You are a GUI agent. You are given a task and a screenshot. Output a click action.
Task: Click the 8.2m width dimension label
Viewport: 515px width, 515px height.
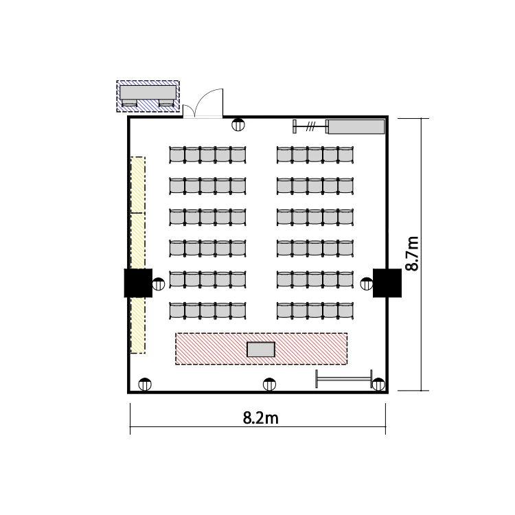[x=260, y=418]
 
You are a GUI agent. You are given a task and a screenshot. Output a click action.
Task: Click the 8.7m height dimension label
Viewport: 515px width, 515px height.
[x=412, y=253]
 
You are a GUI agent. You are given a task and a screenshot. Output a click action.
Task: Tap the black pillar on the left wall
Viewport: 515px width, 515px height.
[x=138, y=283]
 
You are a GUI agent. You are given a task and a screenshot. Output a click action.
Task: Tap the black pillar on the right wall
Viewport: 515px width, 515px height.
[x=387, y=283]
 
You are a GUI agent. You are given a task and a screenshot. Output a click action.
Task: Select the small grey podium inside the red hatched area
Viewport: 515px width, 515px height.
[x=261, y=349]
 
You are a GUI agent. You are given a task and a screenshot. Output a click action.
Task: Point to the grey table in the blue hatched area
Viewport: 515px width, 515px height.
[x=148, y=92]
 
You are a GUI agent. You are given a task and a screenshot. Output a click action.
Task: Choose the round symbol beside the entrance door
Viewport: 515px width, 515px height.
[x=238, y=124]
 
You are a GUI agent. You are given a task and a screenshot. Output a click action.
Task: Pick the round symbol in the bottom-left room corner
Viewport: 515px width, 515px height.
[x=145, y=385]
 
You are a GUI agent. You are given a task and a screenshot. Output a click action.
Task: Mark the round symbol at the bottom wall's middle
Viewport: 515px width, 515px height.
[x=269, y=385]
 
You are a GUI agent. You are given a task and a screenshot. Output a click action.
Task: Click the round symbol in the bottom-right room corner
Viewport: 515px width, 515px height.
[x=378, y=385]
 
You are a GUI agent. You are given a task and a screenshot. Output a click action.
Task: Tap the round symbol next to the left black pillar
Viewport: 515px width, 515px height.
[x=159, y=284]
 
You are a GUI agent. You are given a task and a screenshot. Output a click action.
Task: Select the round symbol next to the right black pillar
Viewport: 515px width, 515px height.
[x=367, y=284]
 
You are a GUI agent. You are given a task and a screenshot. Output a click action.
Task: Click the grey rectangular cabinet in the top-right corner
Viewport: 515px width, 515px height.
[x=356, y=127]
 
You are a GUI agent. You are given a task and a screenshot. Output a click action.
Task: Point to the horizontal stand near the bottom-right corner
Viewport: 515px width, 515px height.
[x=344, y=378]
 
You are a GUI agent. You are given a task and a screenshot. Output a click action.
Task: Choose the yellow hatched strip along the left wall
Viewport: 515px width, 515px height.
[x=138, y=255]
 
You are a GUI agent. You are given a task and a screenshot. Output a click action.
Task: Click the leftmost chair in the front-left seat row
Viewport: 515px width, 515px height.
[x=177, y=310]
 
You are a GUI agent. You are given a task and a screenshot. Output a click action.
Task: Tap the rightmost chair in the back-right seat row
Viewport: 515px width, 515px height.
[x=346, y=154]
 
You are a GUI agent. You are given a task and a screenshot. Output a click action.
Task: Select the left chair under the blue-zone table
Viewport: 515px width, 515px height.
[x=129, y=103]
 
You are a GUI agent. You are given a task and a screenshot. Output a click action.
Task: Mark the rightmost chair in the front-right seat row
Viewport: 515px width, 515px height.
[x=346, y=310]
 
